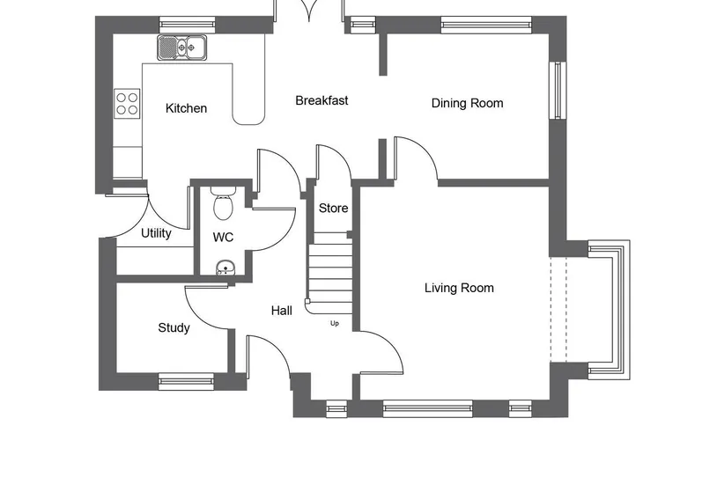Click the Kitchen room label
pos(186,108)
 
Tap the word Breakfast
pos(322,100)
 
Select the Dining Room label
pos(468,103)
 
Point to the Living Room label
pos(459,288)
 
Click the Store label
pos(333,209)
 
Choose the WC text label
pos(223,237)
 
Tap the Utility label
pos(156,233)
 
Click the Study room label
pos(174,327)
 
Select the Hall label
pos(282,311)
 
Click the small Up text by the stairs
pos(335,324)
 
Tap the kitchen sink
pos(182,48)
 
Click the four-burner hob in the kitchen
pos(127,104)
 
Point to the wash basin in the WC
pos(225,268)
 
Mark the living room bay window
pos(609,310)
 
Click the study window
pos(186,381)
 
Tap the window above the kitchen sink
pos(187,25)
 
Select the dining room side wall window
pos(558,90)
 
